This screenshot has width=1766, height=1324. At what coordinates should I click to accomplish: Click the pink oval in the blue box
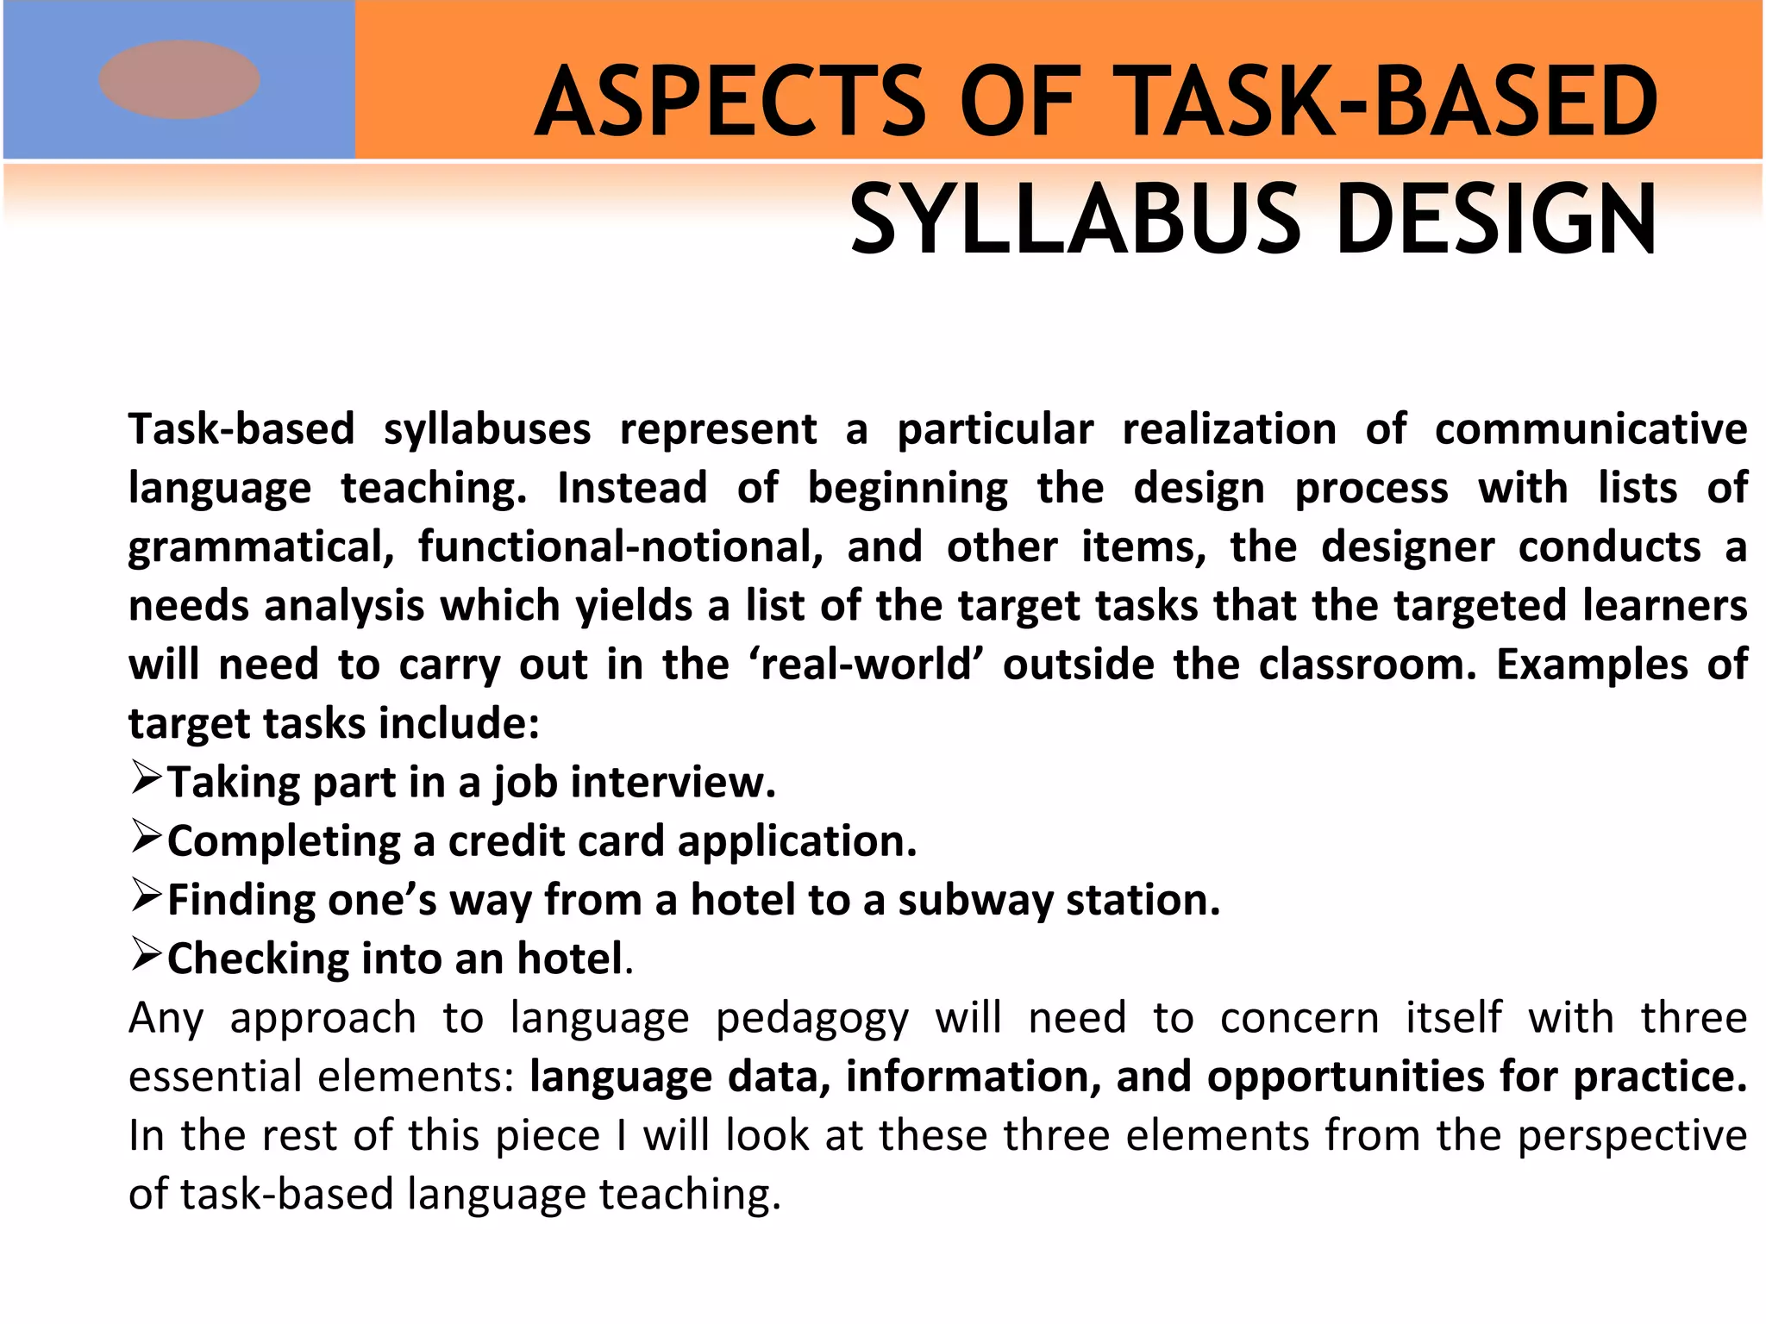click(179, 79)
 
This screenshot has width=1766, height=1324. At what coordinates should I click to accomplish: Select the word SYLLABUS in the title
click(1074, 221)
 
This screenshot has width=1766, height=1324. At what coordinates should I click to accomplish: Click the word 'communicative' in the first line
click(1590, 429)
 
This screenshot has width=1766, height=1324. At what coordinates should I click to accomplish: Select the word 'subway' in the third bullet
click(975, 901)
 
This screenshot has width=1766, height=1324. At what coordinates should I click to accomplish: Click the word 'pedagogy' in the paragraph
click(812, 1019)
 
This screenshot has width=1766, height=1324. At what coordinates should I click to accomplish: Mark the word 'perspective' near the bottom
click(1631, 1136)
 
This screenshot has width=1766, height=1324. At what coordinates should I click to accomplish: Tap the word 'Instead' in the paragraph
click(632, 488)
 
